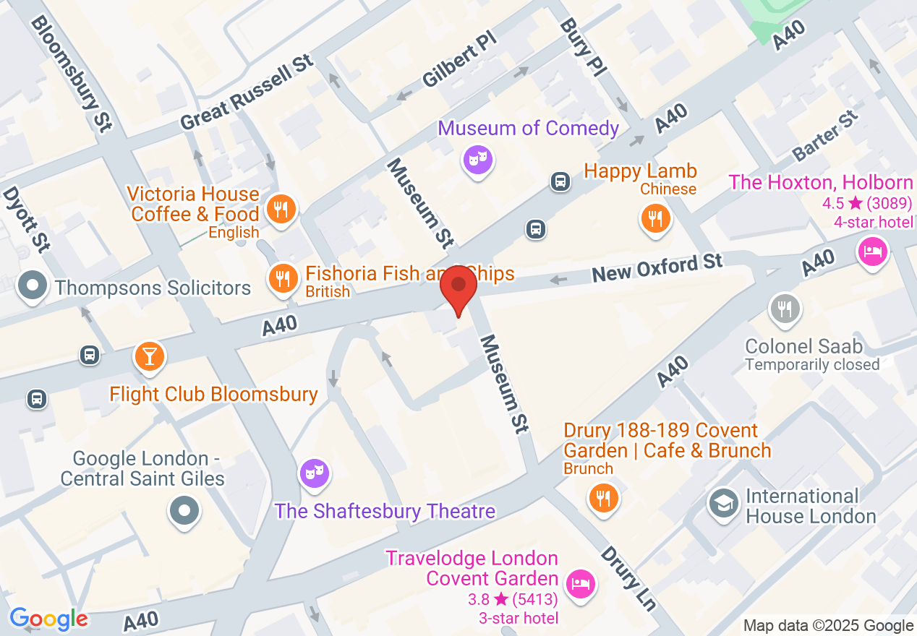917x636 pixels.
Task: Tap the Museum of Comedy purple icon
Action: point(477,158)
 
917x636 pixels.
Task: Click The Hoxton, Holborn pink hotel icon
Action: point(872,252)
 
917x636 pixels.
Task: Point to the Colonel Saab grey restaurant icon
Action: point(784,309)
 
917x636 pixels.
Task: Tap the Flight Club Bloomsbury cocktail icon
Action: point(150,356)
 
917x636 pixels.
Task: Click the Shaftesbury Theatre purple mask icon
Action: point(315,473)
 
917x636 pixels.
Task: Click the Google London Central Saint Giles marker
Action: point(184,511)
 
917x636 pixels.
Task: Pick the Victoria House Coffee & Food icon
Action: point(278,210)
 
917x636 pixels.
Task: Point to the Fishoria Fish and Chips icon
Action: point(282,278)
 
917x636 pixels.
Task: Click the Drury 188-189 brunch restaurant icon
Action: point(602,498)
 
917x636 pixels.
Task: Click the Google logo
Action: point(49,619)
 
